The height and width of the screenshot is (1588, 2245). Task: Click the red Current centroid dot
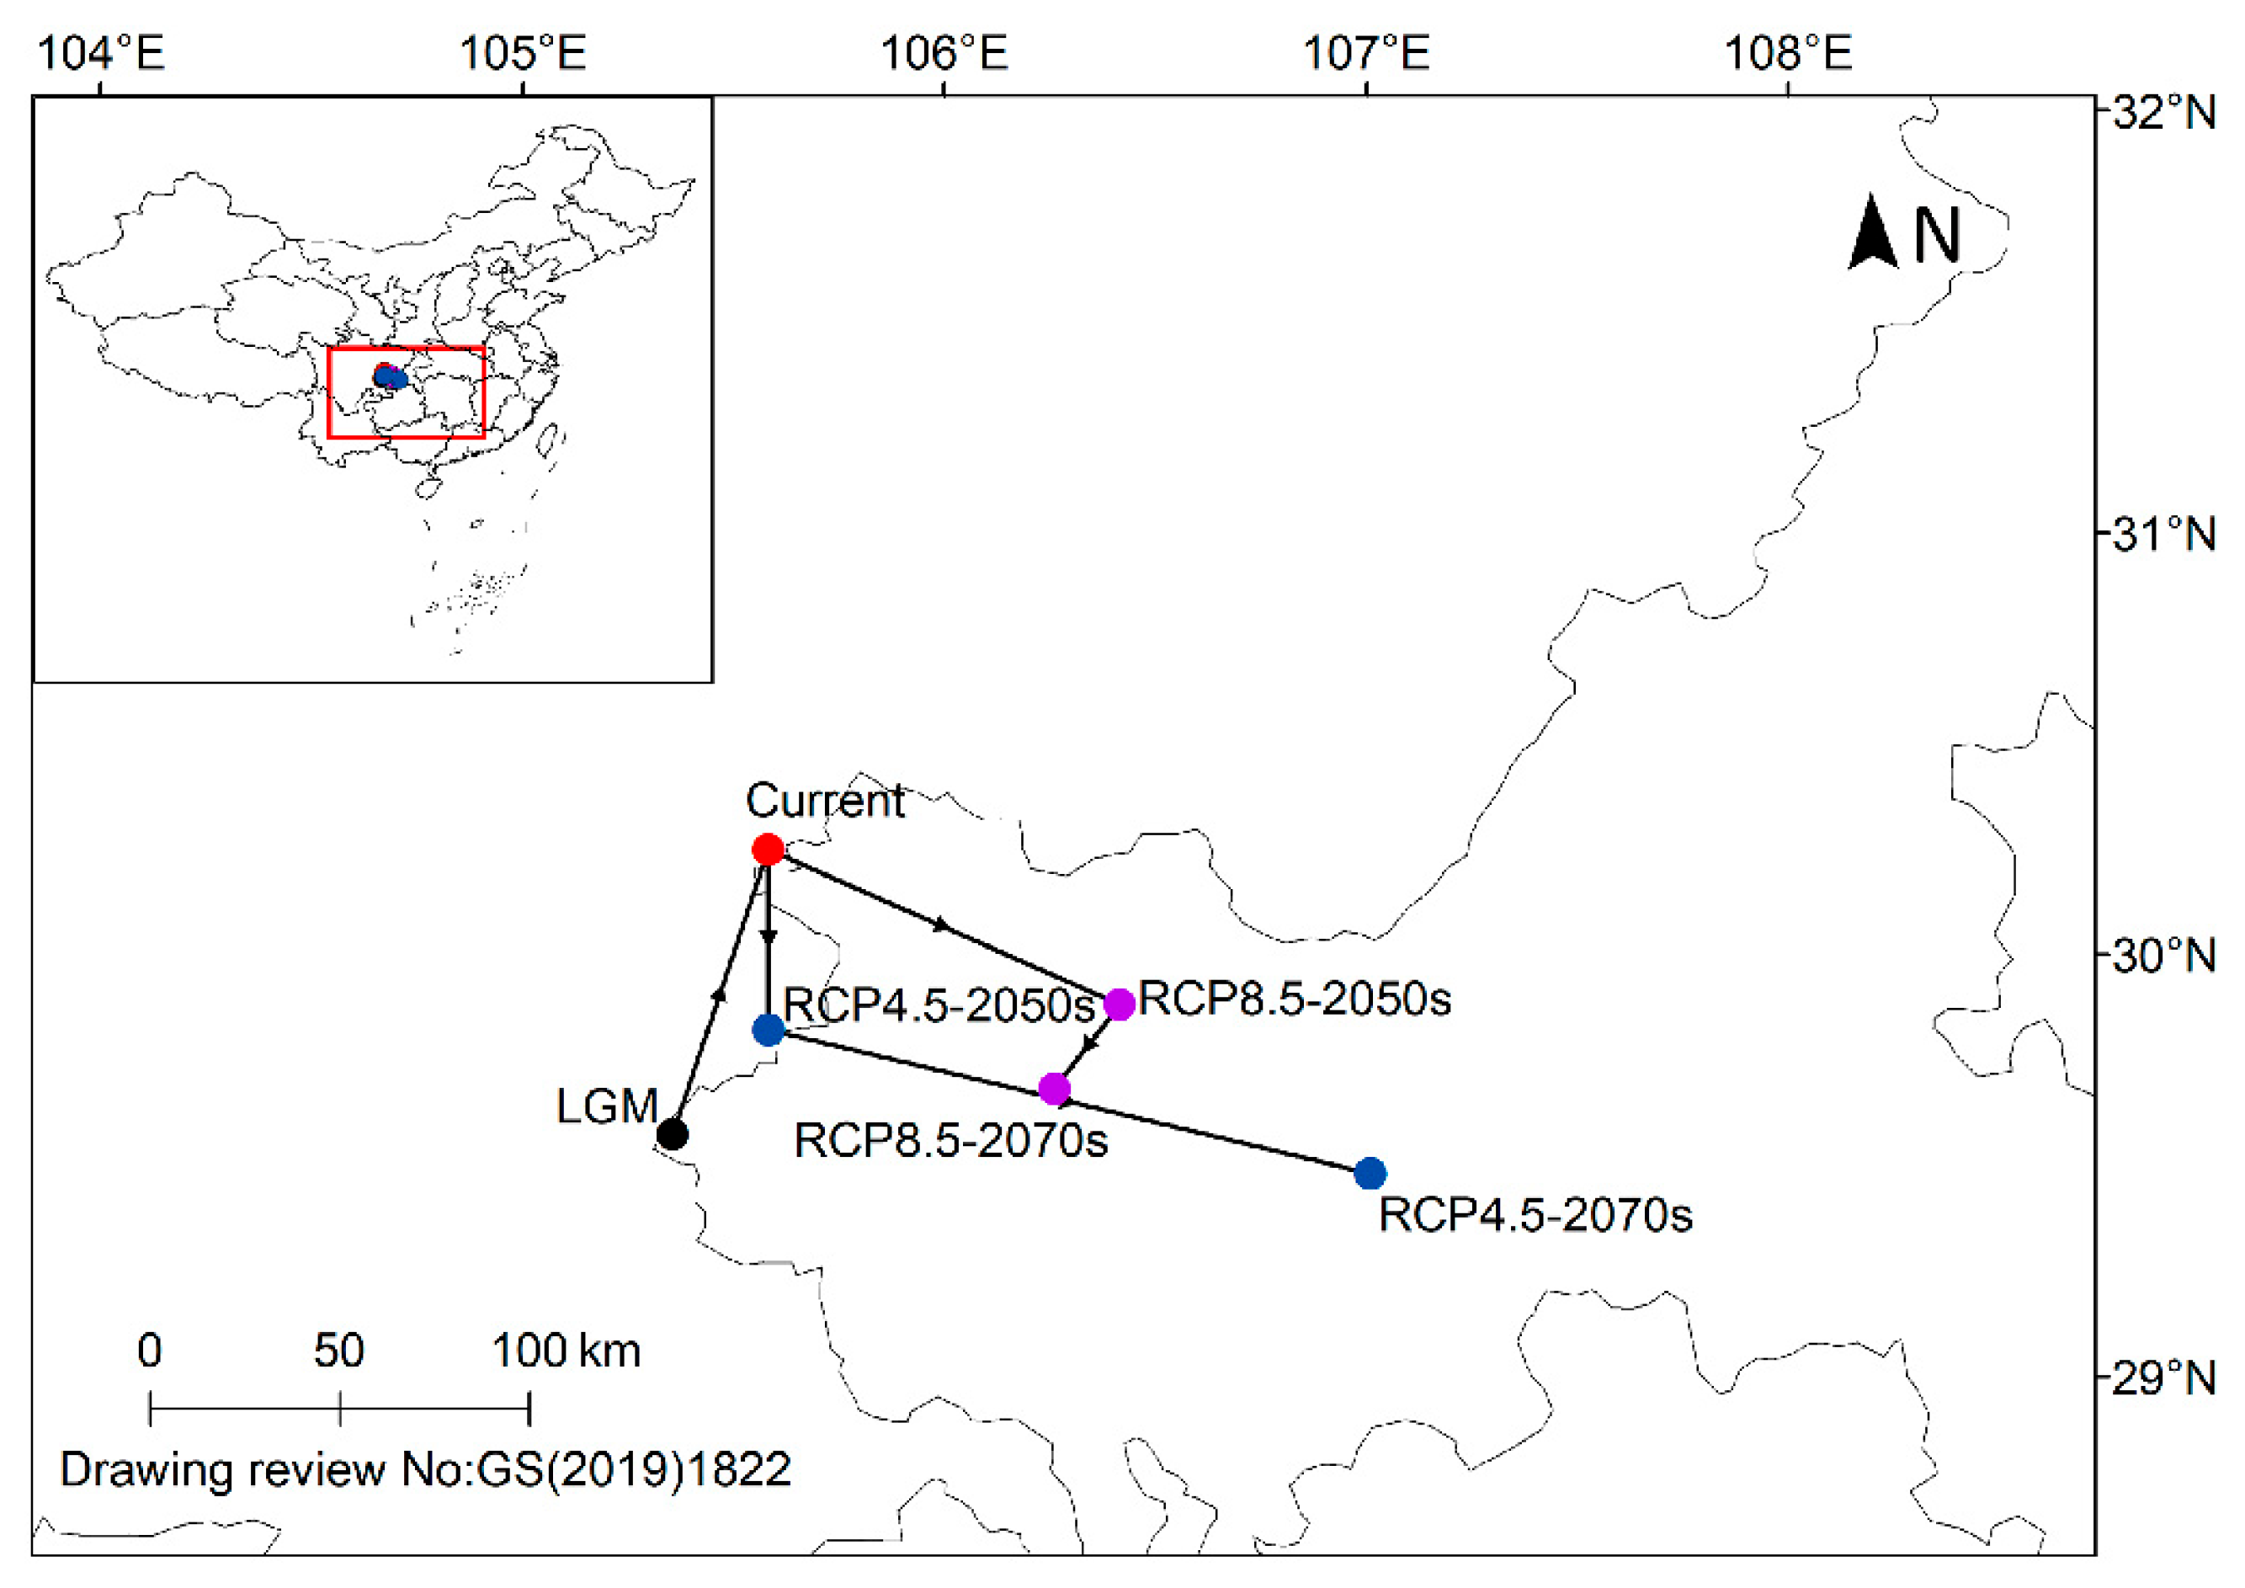(x=768, y=849)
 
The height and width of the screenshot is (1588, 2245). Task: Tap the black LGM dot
(x=672, y=1134)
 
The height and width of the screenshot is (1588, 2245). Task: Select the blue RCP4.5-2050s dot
(x=769, y=1029)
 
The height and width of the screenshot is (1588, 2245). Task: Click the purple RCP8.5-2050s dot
(x=1119, y=1004)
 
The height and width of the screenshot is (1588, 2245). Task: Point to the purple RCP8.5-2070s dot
(x=1053, y=1089)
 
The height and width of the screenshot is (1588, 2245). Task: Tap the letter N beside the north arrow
(x=1936, y=236)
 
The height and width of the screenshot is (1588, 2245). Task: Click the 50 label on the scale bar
(x=338, y=1351)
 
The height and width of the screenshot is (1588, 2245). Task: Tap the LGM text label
(x=606, y=1106)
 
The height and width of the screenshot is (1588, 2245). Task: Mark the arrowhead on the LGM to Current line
(x=720, y=994)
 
